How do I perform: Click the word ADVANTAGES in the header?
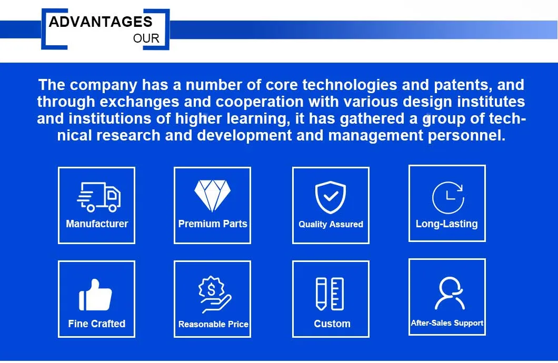click(101, 22)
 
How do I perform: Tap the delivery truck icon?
click(98, 197)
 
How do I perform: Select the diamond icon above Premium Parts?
click(213, 196)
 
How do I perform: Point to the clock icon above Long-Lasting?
click(447, 197)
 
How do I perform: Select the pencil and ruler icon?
click(330, 294)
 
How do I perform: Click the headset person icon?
click(449, 293)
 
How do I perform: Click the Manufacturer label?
click(97, 224)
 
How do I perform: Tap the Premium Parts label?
click(213, 224)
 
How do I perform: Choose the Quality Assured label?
click(331, 224)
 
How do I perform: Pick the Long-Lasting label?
click(446, 224)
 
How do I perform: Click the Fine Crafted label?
click(97, 324)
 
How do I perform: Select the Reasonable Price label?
click(213, 324)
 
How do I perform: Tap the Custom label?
click(332, 324)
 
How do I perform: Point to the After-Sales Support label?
click(447, 323)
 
